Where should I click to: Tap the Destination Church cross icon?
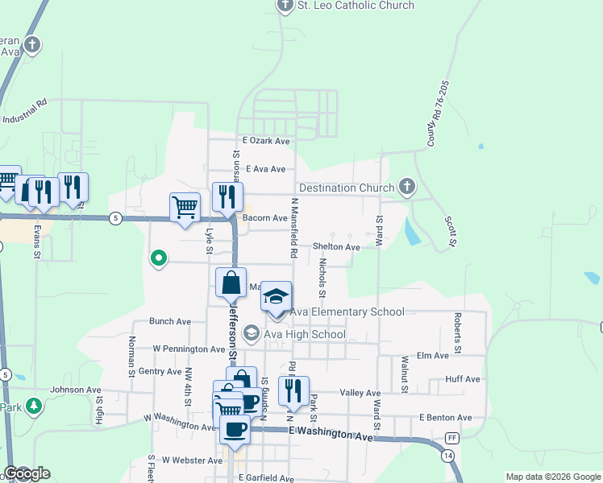(x=407, y=188)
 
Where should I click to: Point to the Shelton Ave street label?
(x=336, y=247)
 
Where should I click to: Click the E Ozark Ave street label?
(x=264, y=142)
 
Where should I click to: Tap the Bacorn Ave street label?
(x=264, y=218)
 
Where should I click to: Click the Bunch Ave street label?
(x=169, y=321)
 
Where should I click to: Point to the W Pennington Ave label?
(x=187, y=349)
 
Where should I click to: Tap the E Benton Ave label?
(x=445, y=418)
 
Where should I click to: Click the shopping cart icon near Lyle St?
(x=185, y=207)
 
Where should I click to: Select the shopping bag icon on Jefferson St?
(x=231, y=283)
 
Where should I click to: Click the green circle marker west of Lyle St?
(x=159, y=258)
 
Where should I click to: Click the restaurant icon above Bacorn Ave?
(x=227, y=196)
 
